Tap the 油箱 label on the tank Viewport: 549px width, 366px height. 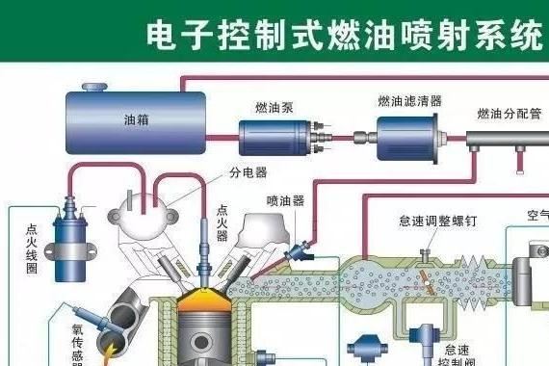pyautogui.click(x=136, y=121)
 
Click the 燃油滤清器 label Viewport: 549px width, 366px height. pyautogui.click(x=409, y=100)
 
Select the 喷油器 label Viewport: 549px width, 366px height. pyautogui.click(x=285, y=201)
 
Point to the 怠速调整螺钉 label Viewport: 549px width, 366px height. pyautogui.click(x=437, y=221)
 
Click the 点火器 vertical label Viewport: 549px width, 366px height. pyautogui.click(x=222, y=222)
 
